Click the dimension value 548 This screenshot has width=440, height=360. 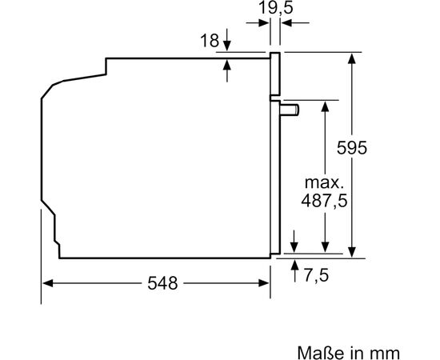162,283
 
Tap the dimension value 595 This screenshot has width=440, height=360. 352,147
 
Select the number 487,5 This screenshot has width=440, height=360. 324,201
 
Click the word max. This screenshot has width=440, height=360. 324,182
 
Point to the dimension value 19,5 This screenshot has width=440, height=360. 275,7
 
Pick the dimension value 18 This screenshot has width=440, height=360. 210,41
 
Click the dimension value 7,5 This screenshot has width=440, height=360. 316,275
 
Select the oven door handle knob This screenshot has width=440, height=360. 289,110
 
